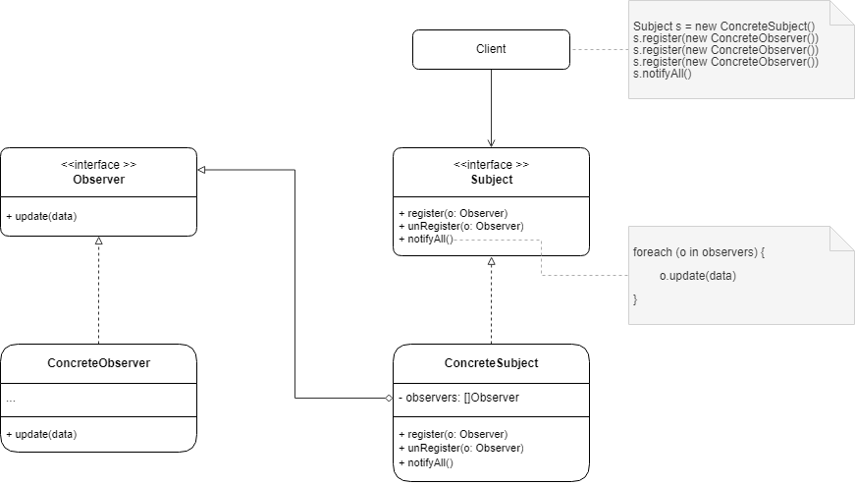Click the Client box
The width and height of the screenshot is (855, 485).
(x=490, y=49)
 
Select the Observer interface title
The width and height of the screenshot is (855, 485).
(x=98, y=180)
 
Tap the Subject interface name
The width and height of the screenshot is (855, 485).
(x=491, y=180)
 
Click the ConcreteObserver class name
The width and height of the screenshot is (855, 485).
(x=98, y=363)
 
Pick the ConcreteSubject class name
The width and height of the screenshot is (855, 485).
(x=491, y=363)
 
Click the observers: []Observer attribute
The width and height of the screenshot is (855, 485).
(x=458, y=398)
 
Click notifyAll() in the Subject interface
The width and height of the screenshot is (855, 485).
(x=426, y=240)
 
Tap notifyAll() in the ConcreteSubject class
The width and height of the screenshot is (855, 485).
(x=426, y=461)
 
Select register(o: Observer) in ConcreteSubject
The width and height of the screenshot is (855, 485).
(x=453, y=434)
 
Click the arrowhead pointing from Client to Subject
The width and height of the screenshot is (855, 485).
(x=491, y=142)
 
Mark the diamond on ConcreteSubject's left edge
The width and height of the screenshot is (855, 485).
(x=388, y=398)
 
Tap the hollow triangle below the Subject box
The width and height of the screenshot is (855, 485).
(x=491, y=261)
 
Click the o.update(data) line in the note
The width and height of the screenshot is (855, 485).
(x=698, y=276)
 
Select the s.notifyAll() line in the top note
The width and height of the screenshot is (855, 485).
(x=663, y=74)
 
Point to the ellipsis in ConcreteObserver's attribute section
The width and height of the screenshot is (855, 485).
(x=11, y=399)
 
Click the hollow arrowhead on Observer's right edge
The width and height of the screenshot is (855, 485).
(x=202, y=169)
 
